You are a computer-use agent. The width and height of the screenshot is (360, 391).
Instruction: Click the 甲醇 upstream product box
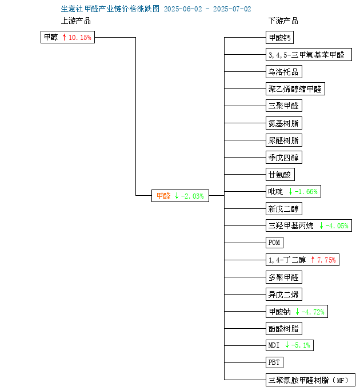[67, 37]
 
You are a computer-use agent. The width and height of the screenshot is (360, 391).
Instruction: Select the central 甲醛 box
[180, 196]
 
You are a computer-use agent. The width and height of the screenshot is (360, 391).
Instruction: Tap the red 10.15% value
[80, 38]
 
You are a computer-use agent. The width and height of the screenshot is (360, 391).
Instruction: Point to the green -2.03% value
[193, 196]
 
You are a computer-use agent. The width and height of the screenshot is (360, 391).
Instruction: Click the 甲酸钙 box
[279, 38]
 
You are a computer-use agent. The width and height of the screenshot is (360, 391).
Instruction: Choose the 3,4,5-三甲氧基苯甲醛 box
[309, 55]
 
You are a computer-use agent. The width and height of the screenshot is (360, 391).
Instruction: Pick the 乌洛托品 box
[284, 72]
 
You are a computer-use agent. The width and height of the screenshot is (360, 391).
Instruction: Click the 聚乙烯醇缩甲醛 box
[295, 89]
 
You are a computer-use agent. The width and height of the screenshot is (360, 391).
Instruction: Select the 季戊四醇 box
[284, 158]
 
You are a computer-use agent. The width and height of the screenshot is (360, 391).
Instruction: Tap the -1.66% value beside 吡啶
[306, 192]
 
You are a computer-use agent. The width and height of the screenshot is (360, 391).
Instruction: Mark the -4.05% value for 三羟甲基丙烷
[337, 225]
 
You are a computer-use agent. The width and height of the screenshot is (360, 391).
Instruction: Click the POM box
[274, 243]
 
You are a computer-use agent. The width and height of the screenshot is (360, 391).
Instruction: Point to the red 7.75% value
[326, 260]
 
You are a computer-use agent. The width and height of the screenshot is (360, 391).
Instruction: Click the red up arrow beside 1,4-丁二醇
[313, 260]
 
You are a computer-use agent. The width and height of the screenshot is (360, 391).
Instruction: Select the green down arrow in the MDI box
[287, 345]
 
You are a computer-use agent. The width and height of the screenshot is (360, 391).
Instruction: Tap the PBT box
[274, 362]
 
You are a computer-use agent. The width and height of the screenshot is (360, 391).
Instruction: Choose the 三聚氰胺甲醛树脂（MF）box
[310, 380]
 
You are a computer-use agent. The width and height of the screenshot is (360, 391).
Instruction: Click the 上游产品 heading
[76, 21]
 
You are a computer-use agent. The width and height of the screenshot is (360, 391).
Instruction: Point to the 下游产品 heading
[283, 21]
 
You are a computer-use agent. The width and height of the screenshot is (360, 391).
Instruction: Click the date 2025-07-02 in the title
[232, 9]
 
